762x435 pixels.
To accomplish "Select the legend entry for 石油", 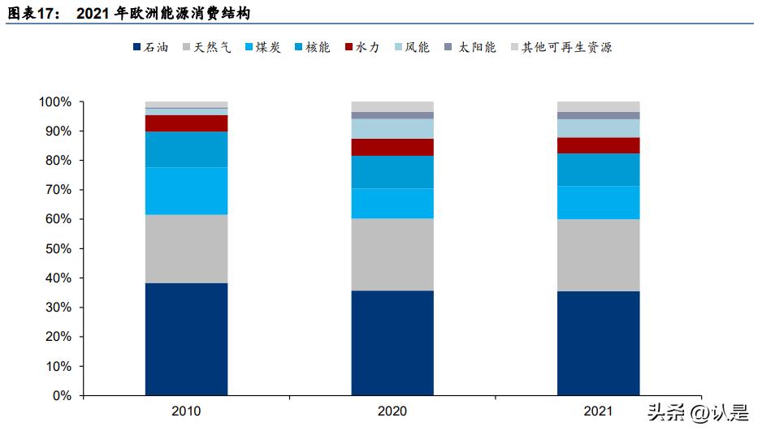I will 151,48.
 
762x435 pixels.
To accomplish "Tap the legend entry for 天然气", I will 206,48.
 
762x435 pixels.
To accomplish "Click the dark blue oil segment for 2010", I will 186,338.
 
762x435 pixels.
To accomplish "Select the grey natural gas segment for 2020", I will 392,254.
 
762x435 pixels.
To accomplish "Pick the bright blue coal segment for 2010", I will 186,191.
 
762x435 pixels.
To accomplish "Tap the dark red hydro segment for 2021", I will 598,145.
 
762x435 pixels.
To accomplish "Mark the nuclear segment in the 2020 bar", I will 392,172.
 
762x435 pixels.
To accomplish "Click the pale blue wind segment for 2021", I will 598,128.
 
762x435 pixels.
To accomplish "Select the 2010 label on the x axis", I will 186,411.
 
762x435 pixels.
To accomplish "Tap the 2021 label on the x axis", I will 598,411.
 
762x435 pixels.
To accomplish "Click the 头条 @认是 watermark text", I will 697,413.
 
